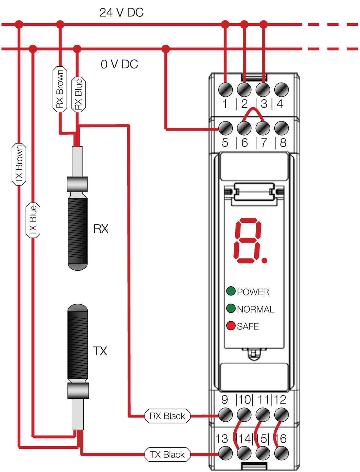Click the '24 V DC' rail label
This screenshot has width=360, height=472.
coord(121,13)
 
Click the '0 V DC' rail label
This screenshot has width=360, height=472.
coord(119,64)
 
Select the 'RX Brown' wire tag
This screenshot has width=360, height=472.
coord(60,89)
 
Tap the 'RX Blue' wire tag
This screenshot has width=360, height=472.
coord(78,94)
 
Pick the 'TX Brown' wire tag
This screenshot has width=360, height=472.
coord(19,164)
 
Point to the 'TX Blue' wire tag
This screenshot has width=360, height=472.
coord(33,220)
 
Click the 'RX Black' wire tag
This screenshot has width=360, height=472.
coord(167,416)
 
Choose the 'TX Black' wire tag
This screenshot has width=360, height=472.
coord(167,454)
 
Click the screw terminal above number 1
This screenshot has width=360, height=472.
coord(226,90)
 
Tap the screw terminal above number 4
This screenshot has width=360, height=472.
coord(282,90)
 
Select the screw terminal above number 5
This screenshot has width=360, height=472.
coord(226,128)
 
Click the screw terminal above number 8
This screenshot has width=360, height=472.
coord(282,128)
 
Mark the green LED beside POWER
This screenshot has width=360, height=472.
coord(231,291)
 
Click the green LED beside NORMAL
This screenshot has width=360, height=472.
coord(231,308)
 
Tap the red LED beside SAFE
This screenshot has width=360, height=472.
coord(231,326)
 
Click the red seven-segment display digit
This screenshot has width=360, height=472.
coord(248,241)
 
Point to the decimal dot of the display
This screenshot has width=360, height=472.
coord(265,260)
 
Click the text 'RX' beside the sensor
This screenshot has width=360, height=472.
coord(101,229)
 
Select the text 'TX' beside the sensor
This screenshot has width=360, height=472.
coord(100,351)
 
